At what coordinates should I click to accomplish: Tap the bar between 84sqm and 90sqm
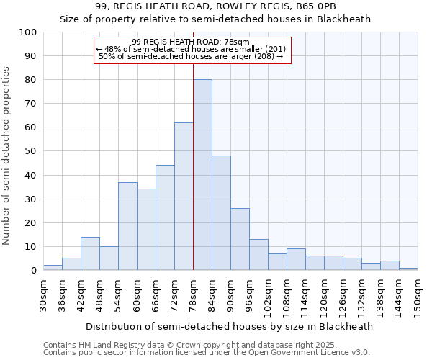pos(221,213)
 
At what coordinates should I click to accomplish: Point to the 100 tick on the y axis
pos(28,32)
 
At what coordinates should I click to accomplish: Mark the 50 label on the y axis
pos(31,151)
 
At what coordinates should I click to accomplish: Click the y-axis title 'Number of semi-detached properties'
pos(6,156)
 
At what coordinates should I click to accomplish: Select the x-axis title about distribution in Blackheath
pos(230,326)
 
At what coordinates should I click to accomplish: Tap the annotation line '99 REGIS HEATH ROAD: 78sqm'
pos(191,42)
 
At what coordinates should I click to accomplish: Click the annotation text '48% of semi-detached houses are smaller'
pos(191,49)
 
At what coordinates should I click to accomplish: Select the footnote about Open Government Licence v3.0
pos(206,353)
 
